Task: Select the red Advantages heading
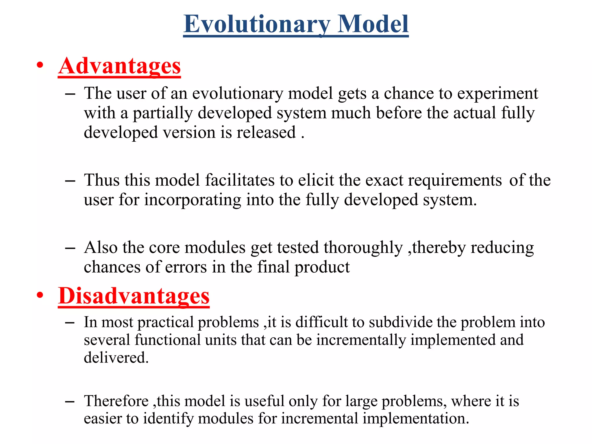point(119,66)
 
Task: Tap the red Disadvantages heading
point(134,296)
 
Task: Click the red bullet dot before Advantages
point(40,65)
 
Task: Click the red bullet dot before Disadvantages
point(40,295)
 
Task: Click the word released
point(266,132)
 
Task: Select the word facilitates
point(240,180)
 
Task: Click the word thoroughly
point(363,248)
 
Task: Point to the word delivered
point(116,358)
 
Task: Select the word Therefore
point(116,401)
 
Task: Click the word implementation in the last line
point(415,418)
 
